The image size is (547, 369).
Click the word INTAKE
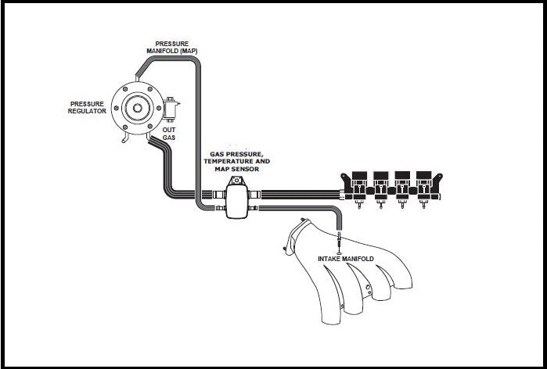coord(331,259)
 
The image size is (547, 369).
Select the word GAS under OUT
coord(168,138)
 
